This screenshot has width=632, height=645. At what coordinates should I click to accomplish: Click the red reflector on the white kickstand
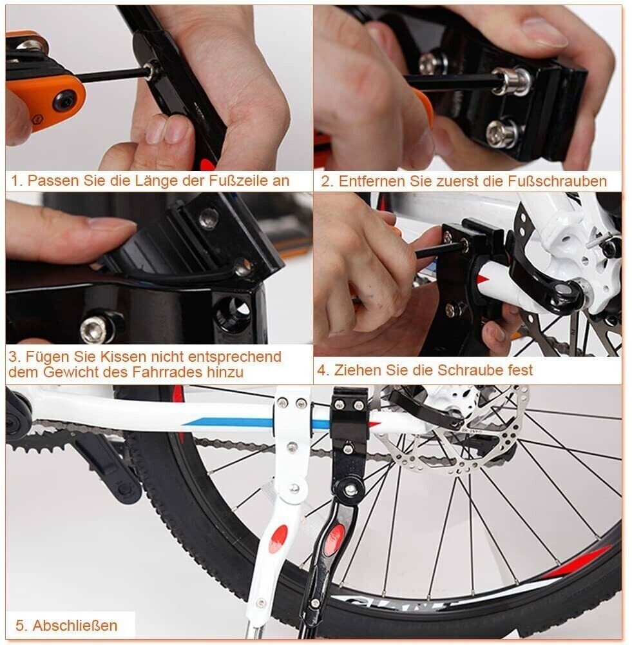pos(278,539)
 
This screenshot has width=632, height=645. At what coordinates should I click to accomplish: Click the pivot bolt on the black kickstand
pos(350,490)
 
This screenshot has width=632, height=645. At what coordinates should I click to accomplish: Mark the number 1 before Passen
pos(15,181)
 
